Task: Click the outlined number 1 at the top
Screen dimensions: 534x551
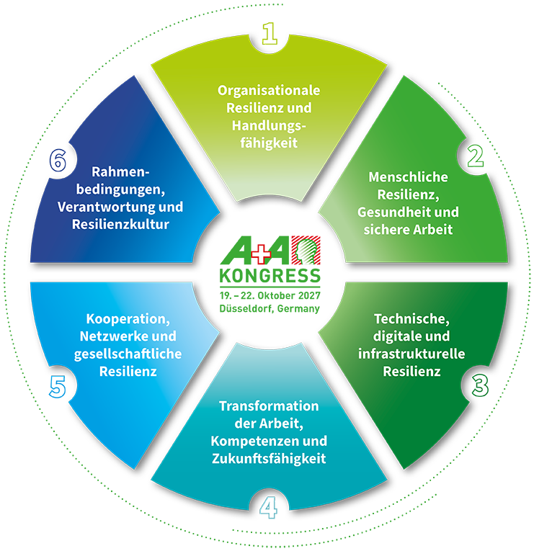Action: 270,33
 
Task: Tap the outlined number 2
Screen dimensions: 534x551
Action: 476,156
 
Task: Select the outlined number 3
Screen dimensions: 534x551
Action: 480,385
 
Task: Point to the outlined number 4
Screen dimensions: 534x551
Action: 269,508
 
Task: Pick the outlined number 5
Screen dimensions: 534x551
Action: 58,387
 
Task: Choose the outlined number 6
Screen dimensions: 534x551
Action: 58,160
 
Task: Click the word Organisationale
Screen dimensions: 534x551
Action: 269,91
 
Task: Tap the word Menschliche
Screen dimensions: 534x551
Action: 408,176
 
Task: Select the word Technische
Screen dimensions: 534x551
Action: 411,319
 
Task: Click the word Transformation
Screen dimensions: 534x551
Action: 269,406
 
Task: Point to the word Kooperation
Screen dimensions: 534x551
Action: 128,319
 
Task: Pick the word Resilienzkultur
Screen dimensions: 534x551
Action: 120,224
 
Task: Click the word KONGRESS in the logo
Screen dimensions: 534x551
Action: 270,276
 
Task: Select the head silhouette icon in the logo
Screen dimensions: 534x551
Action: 306,250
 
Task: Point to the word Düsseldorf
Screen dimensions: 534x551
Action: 246,308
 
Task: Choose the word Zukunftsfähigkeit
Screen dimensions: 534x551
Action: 269,459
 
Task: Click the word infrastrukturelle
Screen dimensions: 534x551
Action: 411,354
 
